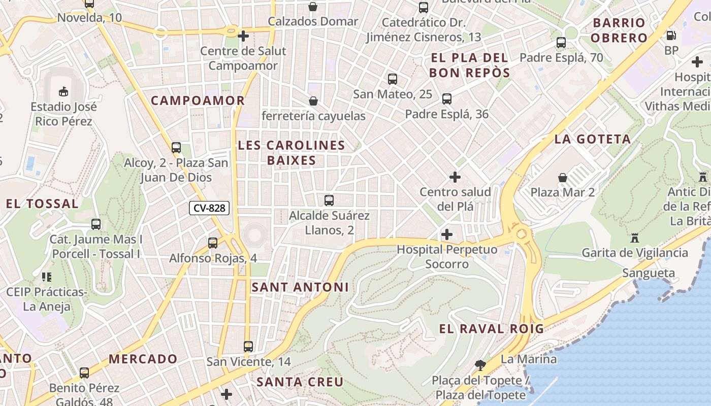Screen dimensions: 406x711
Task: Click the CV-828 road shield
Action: (x=209, y=208)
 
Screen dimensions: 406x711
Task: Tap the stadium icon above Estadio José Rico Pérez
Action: (x=63, y=91)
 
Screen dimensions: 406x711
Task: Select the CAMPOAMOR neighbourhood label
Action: (x=198, y=100)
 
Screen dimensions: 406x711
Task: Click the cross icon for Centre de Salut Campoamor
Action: (x=243, y=36)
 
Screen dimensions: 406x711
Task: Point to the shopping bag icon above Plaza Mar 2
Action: (x=563, y=178)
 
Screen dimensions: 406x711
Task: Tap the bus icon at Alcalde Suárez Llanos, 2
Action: (x=329, y=200)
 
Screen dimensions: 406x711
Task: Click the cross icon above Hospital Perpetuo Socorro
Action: (x=447, y=234)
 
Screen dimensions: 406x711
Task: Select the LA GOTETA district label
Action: (x=593, y=139)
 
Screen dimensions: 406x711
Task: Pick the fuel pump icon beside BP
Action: (x=671, y=36)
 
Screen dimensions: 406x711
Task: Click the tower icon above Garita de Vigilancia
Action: (x=634, y=238)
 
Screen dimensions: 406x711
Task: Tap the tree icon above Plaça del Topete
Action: (x=480, y=365)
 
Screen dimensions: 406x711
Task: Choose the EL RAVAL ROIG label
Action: (x=491, y=329)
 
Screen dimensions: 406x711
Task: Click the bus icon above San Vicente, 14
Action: (x=248, y=347)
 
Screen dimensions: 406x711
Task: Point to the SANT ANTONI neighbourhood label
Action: (x=300, y=287)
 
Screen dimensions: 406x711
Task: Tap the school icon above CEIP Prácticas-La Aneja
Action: (x=46, y=277)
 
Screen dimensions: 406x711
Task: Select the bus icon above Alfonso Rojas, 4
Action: (x=213, y=243)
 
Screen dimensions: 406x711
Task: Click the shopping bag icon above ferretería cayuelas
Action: (x=313, y=101)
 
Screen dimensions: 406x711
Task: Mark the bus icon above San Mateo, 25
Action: (x=393, y=79)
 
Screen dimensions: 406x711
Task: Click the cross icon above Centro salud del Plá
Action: (x=455, y=177)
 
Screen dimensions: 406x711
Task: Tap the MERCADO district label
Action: (x=143, y=359)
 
